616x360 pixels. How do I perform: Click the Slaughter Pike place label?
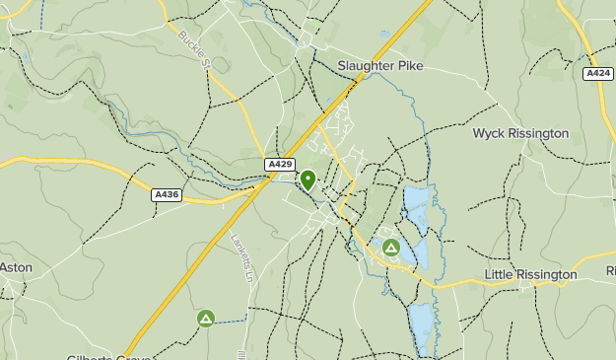tap(379, 66)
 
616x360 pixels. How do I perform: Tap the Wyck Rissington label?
tap(520, 133)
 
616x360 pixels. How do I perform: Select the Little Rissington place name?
tap(530, 274)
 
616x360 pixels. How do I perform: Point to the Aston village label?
tap(16, 267)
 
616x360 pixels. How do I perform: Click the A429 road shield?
tap(279, 165)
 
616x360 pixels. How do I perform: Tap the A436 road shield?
tap(167, 195)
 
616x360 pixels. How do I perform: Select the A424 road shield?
tap(597, 74)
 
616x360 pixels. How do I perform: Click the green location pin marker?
tap(308, 180)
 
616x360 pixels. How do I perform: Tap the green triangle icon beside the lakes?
tap(391, 248)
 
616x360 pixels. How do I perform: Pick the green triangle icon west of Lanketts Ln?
tap(205, 318)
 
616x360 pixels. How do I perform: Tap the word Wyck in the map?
tap(490, 133)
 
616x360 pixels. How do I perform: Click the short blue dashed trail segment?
tap(233, 321)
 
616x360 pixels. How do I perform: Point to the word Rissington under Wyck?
tap(538, 133)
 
